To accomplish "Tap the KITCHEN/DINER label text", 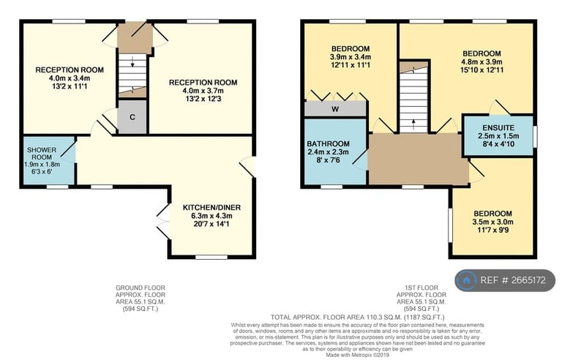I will pyautogui.click(x=211, y=207).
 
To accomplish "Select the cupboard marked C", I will pyautogui.click(x=132, y=118).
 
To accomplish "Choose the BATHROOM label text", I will pyautogui.click(x=329, y=143).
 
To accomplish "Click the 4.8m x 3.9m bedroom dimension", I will pyautogui.click(x=482, y=62).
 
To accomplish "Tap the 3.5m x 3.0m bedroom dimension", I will pyautogui.click(x=493, y=222).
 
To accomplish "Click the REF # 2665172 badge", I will pyautogui.click(x=506, y=280).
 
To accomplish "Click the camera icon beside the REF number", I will pyautogui.click(x=465, y=280).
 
